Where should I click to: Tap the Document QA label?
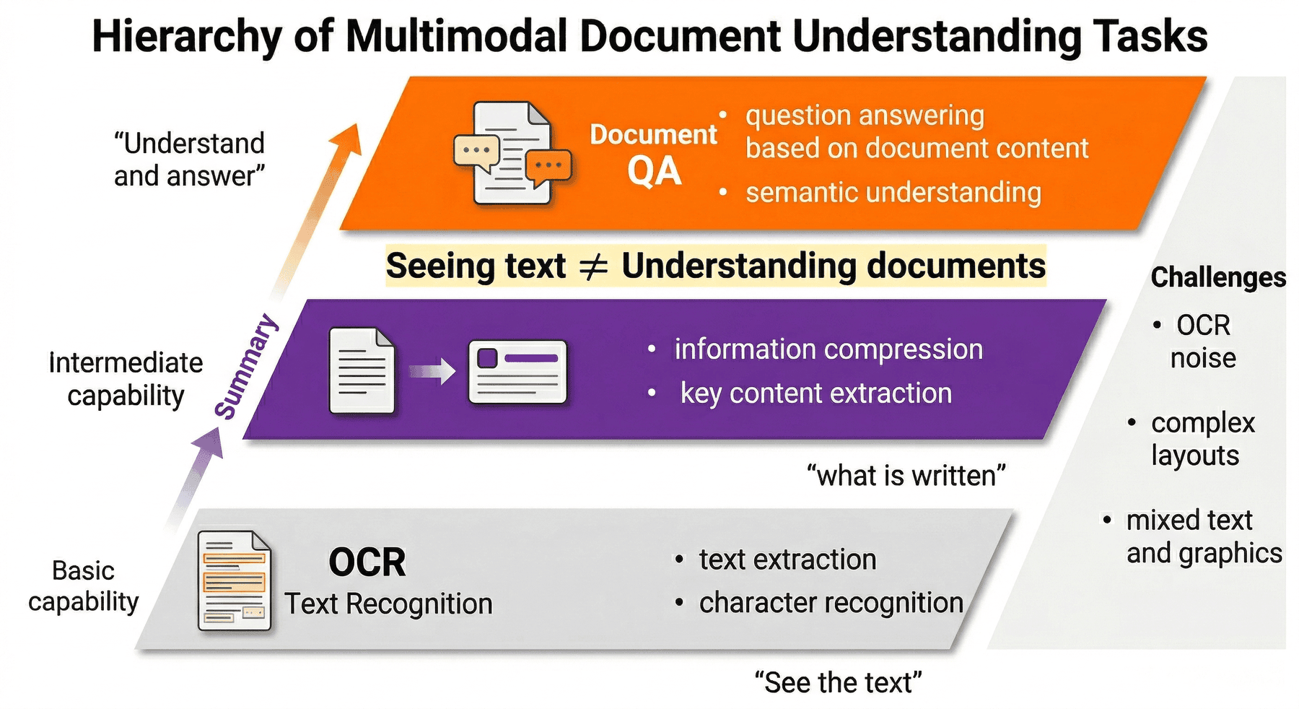coord(653,154)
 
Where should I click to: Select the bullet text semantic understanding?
coord(893,193)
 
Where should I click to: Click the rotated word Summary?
coord(247,366)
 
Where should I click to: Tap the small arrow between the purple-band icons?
coord(432,372)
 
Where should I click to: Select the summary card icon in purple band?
coord(517,372)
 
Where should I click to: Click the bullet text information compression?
coord(828,349)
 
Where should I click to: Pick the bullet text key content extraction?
coord(816,393)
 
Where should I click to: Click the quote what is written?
coord(906,476)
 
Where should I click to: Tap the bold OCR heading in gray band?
coord(367,562)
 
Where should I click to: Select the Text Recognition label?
coord(388,604)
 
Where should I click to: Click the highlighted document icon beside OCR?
coord(235,581)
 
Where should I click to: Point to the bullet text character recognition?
coord(831,603)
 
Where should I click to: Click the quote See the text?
coord(839,683)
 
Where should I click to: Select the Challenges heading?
coord(1218,277)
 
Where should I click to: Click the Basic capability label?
coord(84,586)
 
